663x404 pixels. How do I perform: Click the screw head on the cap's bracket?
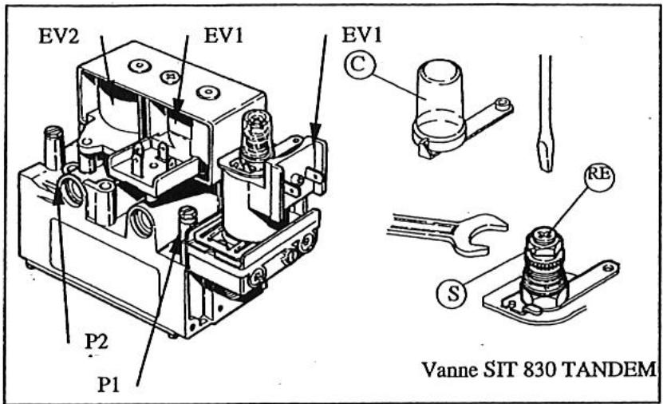click(x=500, y=103)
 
